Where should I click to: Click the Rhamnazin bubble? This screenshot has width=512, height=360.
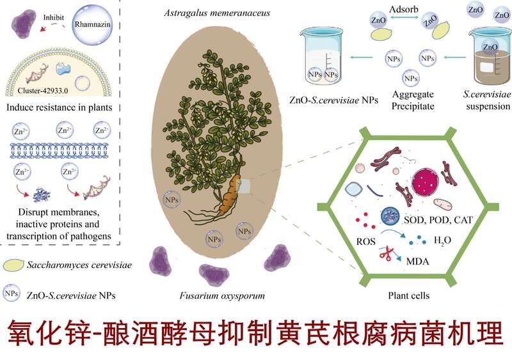[92, 24]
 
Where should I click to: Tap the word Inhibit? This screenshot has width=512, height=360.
[54, 18]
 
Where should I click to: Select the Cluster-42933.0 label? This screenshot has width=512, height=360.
[43, 91]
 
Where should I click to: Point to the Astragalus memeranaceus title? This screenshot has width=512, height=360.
[217, 13]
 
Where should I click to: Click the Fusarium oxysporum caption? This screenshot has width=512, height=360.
[222, 295]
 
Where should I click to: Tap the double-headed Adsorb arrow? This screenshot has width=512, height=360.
[404, 18]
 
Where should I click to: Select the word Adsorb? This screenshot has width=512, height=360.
[404, 9]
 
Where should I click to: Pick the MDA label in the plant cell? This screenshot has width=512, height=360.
[418, 262]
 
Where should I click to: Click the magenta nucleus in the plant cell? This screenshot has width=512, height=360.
[425, 183]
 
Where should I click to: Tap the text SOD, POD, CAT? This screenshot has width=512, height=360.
[438, 220]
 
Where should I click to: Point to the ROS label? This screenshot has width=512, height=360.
[365, 242]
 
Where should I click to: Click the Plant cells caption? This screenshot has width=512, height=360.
[408, 295]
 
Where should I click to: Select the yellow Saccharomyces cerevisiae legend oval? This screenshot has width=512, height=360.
[13, 265]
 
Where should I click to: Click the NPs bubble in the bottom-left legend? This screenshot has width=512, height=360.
[12, 293]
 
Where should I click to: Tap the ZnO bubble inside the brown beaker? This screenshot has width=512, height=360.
[490, 47]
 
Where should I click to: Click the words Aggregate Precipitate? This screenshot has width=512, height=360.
[413, 100]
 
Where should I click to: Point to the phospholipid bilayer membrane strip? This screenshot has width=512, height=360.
[59, 150]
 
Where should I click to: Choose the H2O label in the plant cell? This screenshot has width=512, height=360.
[442, 241]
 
